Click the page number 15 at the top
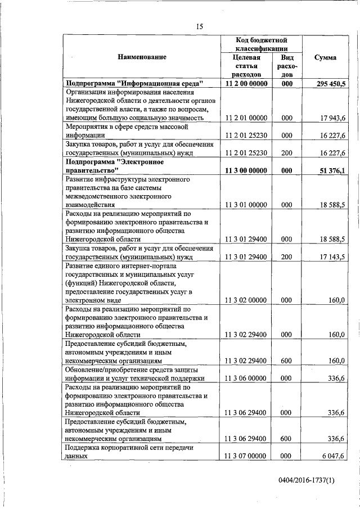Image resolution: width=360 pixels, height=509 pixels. tap(199, 26)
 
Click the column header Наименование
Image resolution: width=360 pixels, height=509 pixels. tap(142, 57)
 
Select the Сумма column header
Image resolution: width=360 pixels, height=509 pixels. tap(325, 57)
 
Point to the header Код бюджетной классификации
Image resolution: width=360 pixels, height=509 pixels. tap(262, 44)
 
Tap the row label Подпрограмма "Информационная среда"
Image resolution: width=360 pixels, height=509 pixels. tap(134, 83)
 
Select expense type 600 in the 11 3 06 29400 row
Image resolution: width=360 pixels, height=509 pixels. tap(287, 439)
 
